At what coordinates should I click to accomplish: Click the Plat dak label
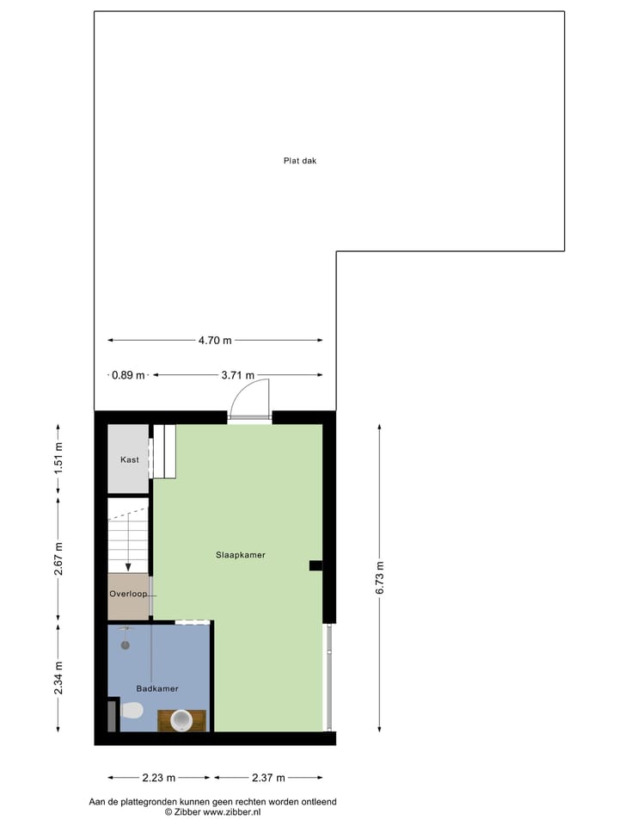(300, 160)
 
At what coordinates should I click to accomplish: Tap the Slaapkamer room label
(240, 555)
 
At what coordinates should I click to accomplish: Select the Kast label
(129, 459)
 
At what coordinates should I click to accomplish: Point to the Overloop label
(128, 594)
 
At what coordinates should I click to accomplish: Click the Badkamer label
(157, 688)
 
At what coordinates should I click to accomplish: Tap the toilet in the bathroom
(132, 711)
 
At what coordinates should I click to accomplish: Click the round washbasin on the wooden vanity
(182, 719)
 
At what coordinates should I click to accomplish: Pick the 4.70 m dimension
(215, 340)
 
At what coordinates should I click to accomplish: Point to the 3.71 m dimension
(237, 375)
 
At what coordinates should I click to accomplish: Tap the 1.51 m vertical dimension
(58, 457)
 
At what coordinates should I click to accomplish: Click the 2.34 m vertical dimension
(58, 676)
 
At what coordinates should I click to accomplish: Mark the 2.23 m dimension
(158, 778)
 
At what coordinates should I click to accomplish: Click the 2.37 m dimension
(268, 778)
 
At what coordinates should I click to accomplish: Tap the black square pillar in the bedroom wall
(316, 565)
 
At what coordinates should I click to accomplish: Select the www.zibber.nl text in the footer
(231, 811)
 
